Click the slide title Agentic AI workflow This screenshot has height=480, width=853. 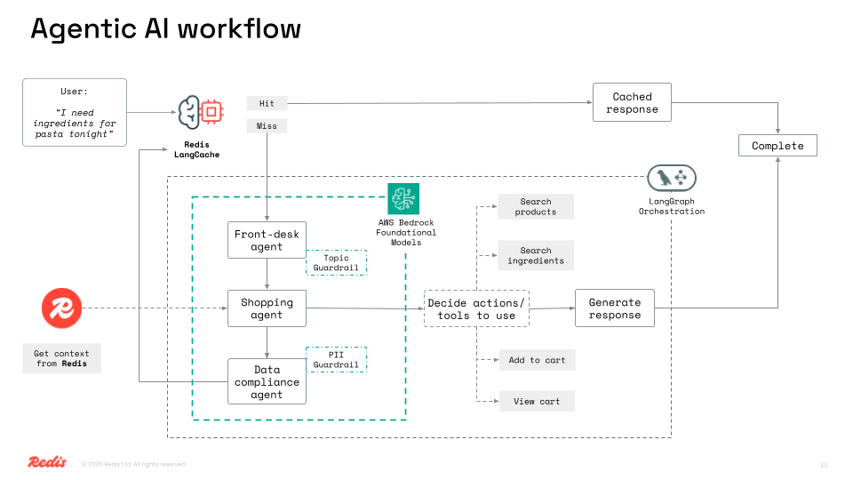click(165, 28)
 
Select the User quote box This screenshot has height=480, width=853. click(75, 112)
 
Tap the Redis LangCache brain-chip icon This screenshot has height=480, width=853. click(199, 112)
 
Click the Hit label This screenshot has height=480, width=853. click(267, 104)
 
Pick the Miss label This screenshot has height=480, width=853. click(267, 126)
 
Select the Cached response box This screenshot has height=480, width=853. click(632, 103)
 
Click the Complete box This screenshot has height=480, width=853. click(777, 146)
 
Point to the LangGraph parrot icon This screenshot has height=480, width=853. click(672, 179)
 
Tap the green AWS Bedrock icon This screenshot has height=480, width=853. click(403, 198)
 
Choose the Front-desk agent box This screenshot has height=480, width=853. click(267, 240)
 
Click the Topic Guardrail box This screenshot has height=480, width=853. click(336, 262)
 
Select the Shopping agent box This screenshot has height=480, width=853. click(267, 308)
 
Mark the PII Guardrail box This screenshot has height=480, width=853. click(336, 359)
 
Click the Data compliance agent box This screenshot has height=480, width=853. click(267, 381)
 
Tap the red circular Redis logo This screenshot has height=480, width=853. click(61, 309)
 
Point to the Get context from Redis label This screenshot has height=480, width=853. click(62, 358)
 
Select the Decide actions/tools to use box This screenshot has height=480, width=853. click(476, 308)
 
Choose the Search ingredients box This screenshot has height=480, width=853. click(536, 256)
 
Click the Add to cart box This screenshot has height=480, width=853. click(537, 360)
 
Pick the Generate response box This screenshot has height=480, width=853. click(614, 308)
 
